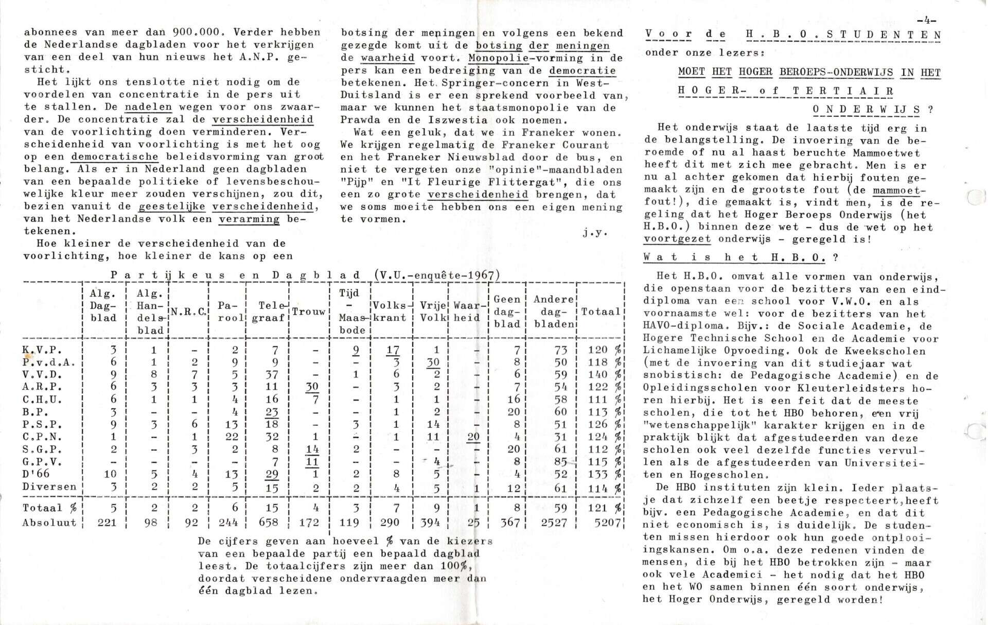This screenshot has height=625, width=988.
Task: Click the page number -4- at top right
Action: (x=926, y=21)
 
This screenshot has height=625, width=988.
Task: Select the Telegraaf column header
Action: (x=271, y=312)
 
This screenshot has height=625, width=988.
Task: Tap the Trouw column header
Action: (x=309, y=312)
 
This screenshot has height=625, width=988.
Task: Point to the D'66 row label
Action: (x=36, y=474)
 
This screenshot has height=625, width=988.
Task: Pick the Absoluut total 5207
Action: (x=605, y=523)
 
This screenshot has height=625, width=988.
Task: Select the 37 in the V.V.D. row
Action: (x=271, y=375)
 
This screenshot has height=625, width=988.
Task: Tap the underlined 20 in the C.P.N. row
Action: (x=473, y=437)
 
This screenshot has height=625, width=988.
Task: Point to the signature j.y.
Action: (x=595, y=233)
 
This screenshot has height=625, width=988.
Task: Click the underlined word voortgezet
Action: (x=677, y=239)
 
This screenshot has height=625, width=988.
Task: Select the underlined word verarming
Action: (x=249, y=219)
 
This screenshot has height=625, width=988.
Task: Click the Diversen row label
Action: (x=49, y=487)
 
